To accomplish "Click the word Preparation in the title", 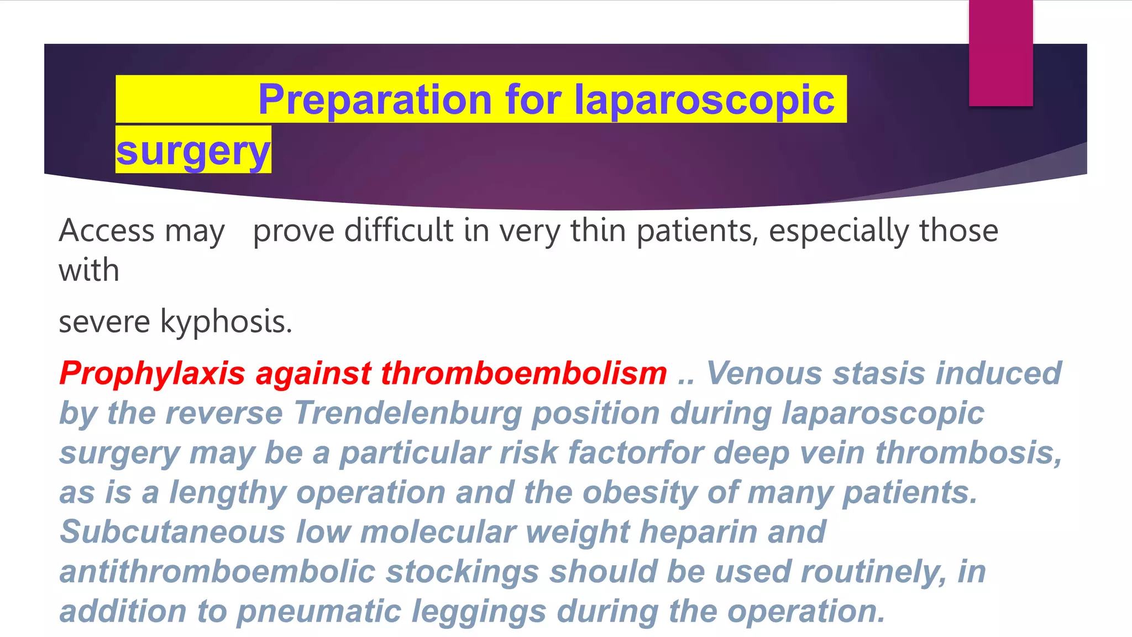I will [375, 100].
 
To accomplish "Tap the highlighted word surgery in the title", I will [193, 150].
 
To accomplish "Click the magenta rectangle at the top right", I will [1000, 53].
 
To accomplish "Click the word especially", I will [838, 231].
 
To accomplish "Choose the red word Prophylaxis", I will [152, 374].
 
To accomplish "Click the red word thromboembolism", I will [524, 373].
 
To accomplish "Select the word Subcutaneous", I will [172, 532].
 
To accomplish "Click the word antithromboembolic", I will [217, 572].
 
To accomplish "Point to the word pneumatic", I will [319, 612].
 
